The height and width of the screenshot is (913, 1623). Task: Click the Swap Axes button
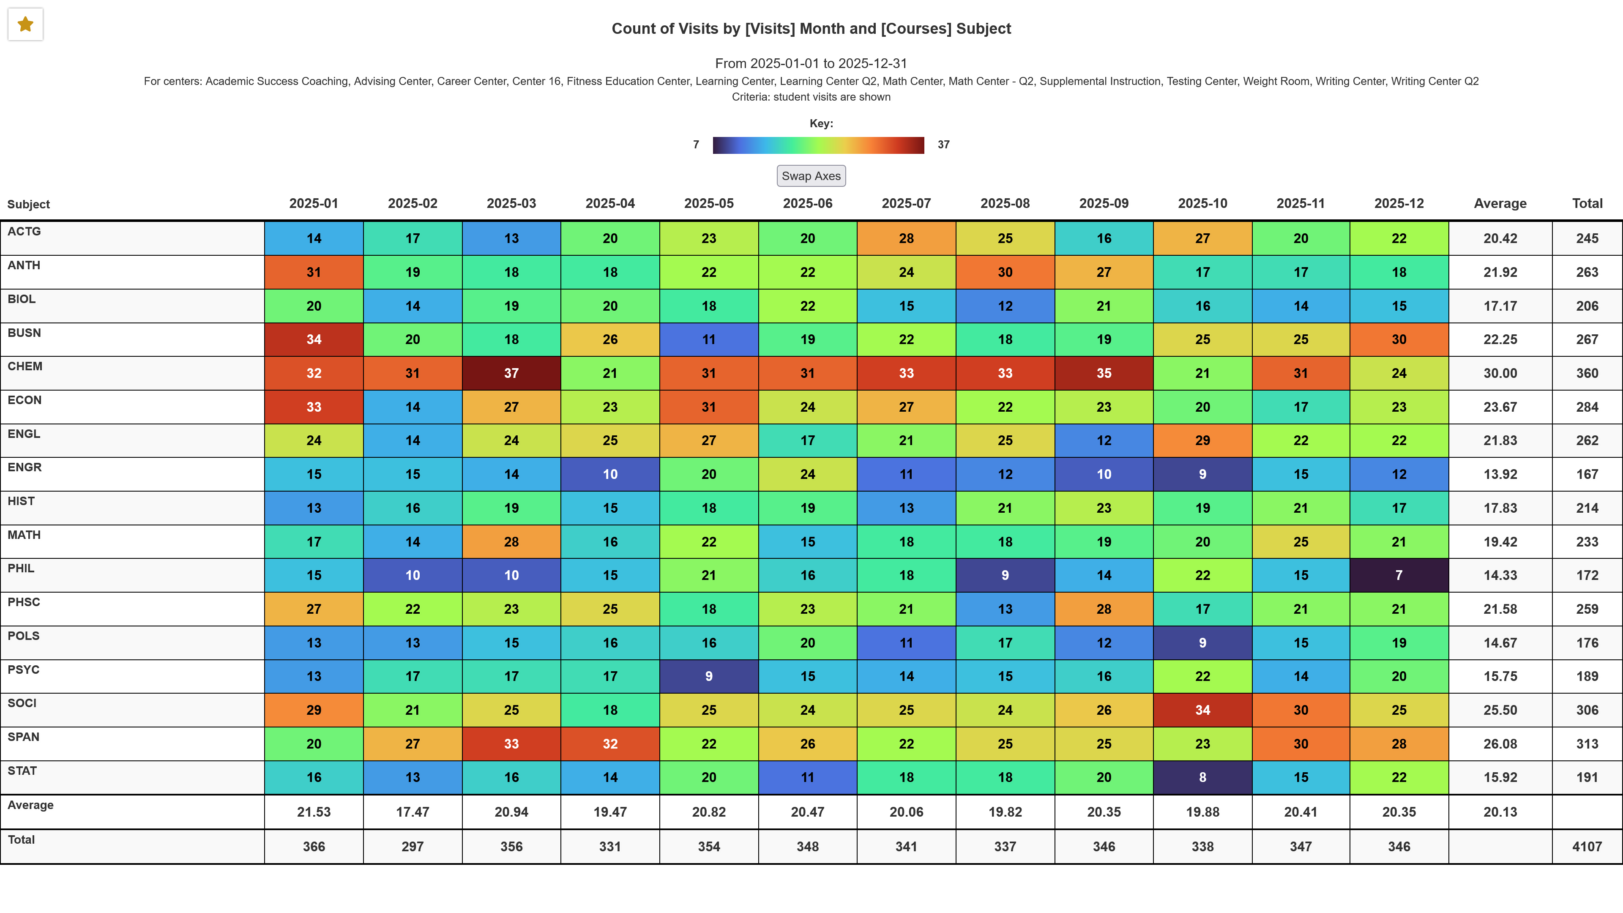(811, 176)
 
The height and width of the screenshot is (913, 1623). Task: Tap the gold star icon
(25, 25)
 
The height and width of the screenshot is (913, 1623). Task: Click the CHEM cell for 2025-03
(511, 373)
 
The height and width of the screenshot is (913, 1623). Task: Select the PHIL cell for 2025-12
(1399, 575)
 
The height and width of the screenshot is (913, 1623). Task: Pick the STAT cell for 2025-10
(1202, 778)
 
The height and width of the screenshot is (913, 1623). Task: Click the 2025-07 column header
(906, 203)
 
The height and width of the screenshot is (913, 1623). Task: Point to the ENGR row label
(25, 467)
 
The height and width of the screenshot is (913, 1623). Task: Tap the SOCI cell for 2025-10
(1202, 710)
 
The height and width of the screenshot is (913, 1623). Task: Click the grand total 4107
(1587, 847)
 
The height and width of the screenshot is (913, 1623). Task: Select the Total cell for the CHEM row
(1587, 373)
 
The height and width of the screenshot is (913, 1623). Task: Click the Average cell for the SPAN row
(1500, 744)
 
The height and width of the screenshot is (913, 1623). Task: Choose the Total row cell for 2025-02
(412, 847)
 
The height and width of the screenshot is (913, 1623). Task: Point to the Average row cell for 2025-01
(314, 812)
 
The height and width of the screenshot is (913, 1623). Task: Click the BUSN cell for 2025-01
(314, 339)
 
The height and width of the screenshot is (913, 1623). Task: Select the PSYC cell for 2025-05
(708, 676)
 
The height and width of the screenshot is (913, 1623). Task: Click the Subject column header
(28, 204)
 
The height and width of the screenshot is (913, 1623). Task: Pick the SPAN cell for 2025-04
(610, 744)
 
